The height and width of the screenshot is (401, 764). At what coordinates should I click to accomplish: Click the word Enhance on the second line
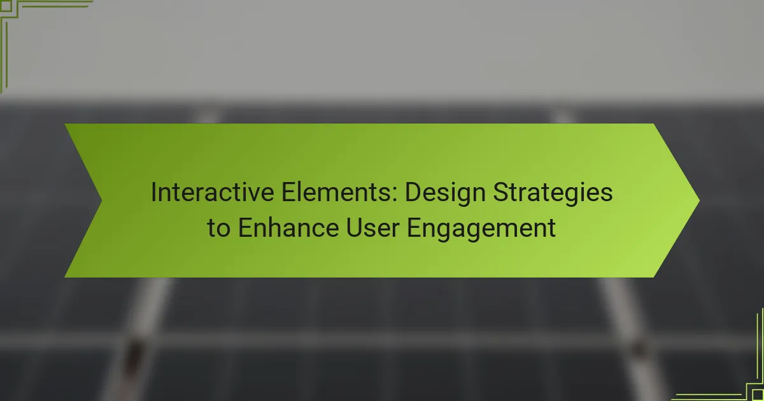click(x=288, y=227)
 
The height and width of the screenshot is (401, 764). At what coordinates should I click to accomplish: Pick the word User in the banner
click(x=373, y=227)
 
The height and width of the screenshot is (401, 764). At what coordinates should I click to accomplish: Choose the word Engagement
click(x=481, y=229)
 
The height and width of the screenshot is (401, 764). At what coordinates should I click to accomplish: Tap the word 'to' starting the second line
click(x=218, y=229)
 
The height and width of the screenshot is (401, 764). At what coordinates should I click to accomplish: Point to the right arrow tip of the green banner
click(x=699, y=200)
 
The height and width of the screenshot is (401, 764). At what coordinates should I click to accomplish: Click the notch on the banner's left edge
click(x=101, y=200)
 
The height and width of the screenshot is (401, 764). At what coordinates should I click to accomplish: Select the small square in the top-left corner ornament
click(x=6, y=6)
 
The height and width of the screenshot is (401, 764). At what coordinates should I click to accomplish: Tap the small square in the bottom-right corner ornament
click(x=758, y=395)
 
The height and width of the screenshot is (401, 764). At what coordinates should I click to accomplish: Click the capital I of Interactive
click(x=153, y=192)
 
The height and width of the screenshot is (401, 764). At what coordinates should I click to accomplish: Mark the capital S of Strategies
click(x=502, y=192)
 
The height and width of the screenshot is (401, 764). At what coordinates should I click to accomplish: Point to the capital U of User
click(x=355, y=228)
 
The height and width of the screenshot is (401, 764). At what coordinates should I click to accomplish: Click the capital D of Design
click(x=414, y=192)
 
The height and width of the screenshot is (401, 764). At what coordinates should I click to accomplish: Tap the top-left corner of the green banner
click(x=65, y=123)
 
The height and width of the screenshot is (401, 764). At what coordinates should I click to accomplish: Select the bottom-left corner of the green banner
click(x=65, y=277)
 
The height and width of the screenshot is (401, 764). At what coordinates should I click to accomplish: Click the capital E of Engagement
click(x=414, y=228)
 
